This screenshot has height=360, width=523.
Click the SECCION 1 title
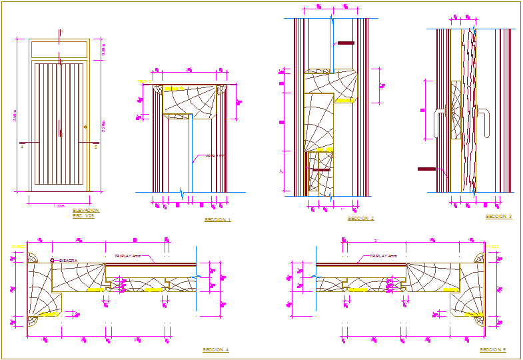coord(217,219)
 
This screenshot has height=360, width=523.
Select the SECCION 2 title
coord(360,218)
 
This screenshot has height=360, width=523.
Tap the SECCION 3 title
coord(498,217)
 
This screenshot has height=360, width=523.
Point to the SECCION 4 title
coord(215,349)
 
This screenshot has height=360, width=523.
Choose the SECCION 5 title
coord(492,349)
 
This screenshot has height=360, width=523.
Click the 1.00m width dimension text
coord(59,206)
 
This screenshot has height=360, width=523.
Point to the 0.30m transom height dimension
coord(103,49)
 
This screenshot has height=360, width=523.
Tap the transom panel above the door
coord(59,49)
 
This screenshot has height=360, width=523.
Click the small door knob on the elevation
coord(85,127)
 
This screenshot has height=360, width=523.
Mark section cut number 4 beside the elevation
coord(22,147)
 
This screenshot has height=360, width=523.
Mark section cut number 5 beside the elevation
coord(96,147)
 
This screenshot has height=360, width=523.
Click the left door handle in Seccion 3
coord(436,124)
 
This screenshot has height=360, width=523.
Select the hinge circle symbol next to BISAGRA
coord(52,261)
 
